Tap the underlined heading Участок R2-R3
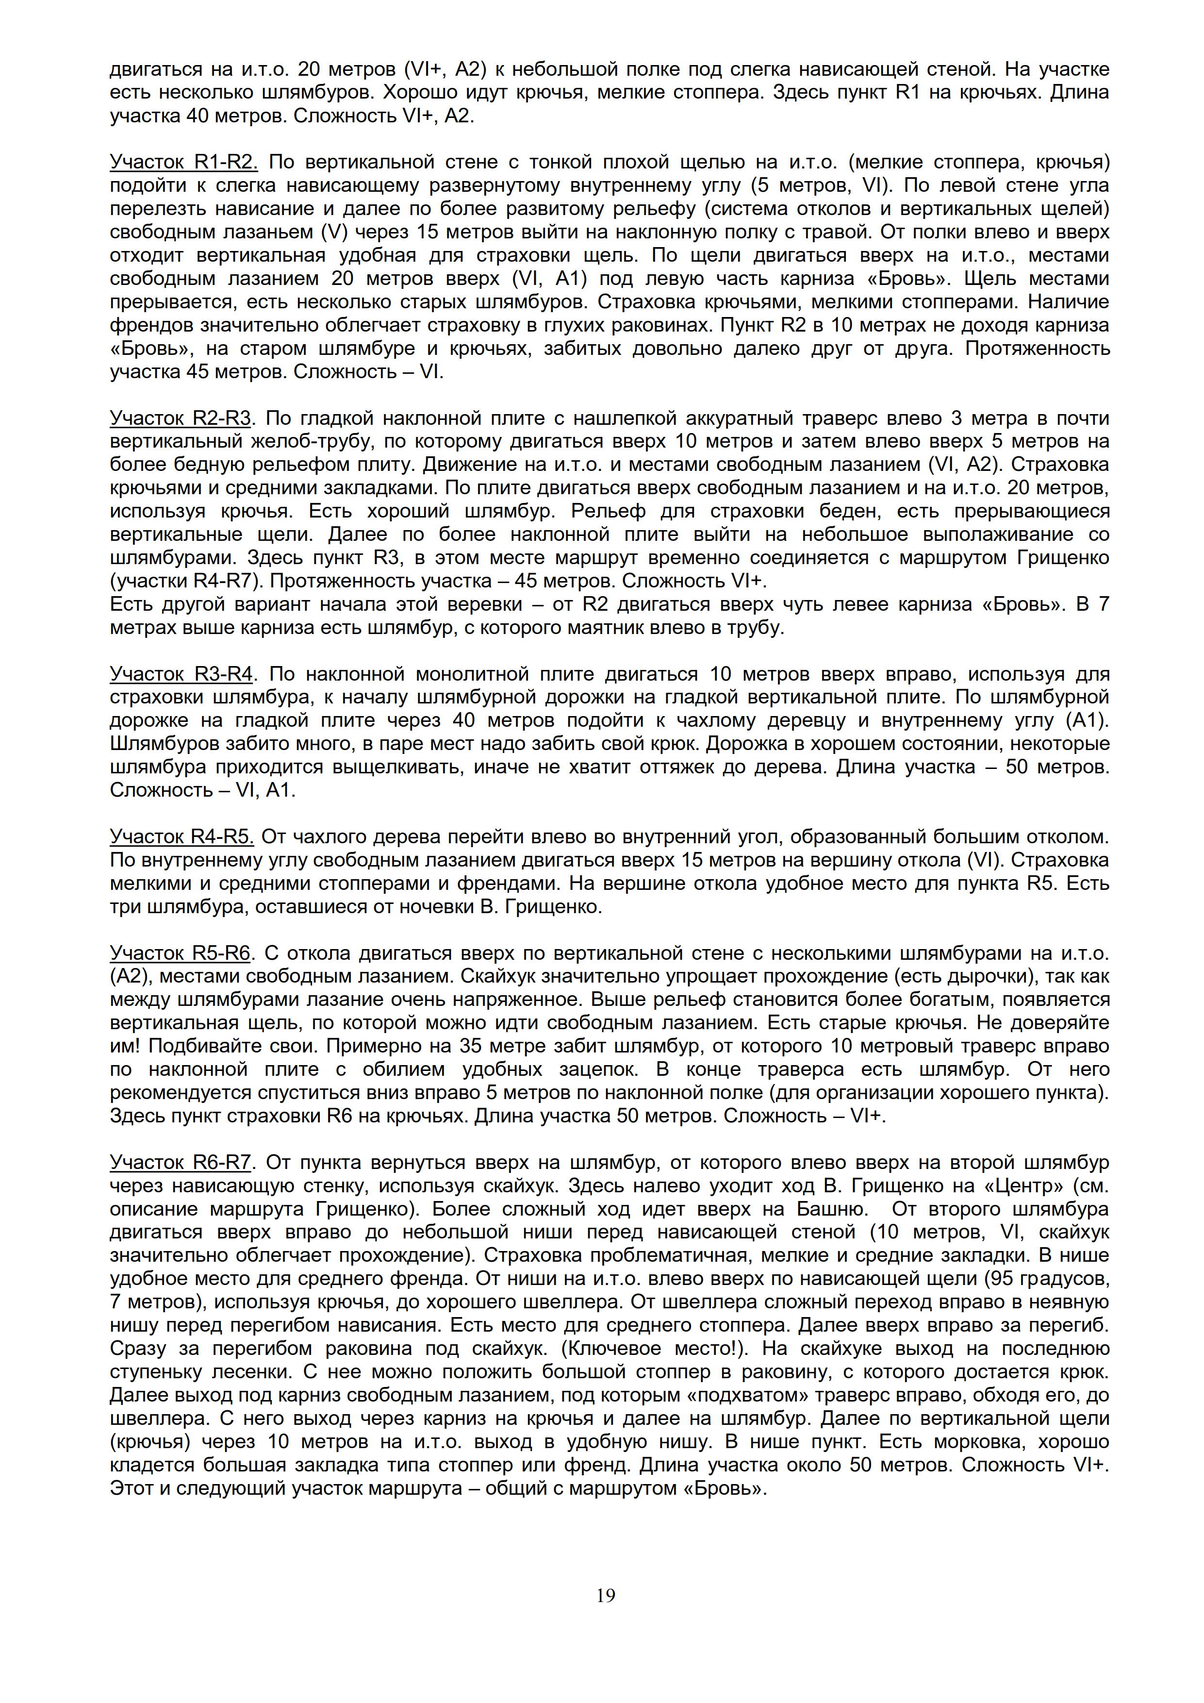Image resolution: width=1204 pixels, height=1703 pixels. (x=181, y=418)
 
